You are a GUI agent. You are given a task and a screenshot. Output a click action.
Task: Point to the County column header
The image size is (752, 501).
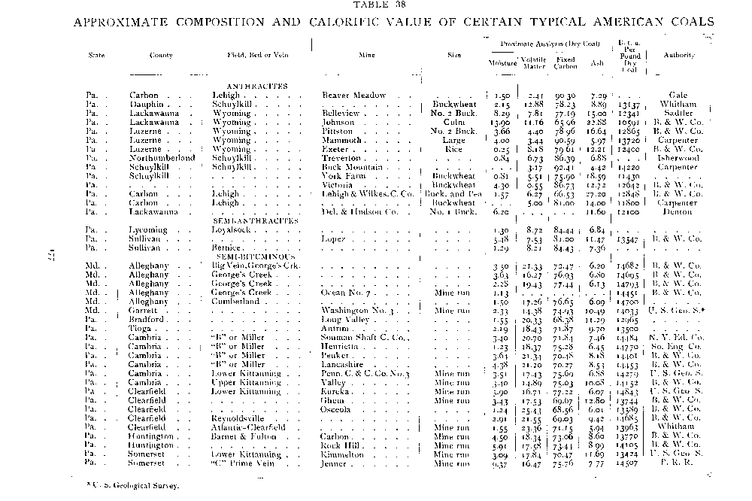(162, 55)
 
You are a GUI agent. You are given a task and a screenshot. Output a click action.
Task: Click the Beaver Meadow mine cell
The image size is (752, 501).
(353, 96)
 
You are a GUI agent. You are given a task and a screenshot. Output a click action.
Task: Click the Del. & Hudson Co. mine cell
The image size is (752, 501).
(361, 211)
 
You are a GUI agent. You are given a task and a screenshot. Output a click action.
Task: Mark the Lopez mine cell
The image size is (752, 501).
(335, 238)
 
